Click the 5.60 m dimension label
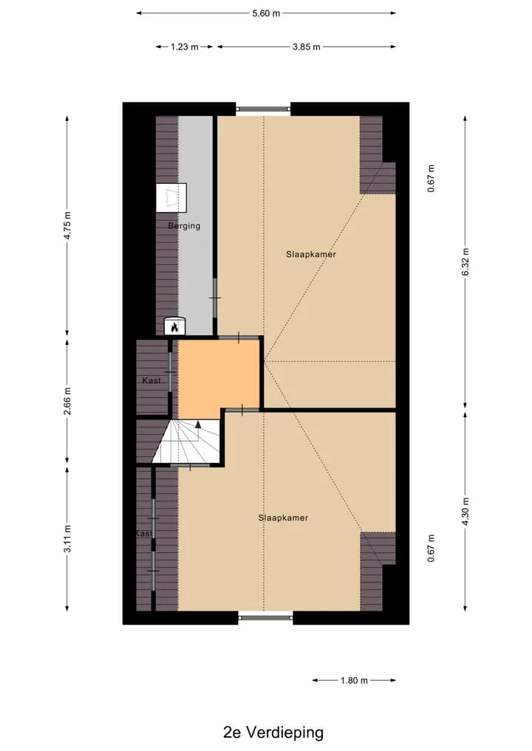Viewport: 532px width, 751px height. pyautogui.click(x=266, y=13)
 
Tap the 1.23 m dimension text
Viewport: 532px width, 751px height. pyautogui.click(x=185, y=47)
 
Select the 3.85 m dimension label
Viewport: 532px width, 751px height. pyautogui.click(x=306, y=47)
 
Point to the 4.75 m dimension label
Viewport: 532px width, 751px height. pyautogui.click(x=67, y=225)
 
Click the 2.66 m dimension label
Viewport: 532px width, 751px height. pyautogui.click(x=67, y=402)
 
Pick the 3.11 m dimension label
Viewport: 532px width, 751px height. pyautogui.click(x=67, y=539)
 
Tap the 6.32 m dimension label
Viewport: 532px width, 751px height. pyautogui.click(x=465, y=262)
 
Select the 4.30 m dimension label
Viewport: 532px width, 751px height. pyautogui.click(x=465, y=511)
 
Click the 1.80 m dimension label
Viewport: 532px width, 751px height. pyautogui.click(x=354, y=681)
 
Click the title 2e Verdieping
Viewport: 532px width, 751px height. pyautogui.click(x=273, y=733)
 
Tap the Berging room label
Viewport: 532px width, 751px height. pyautogui.click(x=184, y=225)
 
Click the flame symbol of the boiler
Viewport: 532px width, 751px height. pyautogui.click(x=175, y=328)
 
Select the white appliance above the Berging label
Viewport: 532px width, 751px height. pyautogui.click(x=171, y=197)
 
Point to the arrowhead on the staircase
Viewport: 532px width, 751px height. pyautogui.click(x=199, y=424)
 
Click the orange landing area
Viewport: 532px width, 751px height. pyautogui.click(x=219, y=374)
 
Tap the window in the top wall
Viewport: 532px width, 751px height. pyautogui.click(x=263, y=109)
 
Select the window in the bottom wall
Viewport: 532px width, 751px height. pyautogui.click(x=265, y=617)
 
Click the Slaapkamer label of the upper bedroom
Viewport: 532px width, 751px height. pyautogui.click(x=311, y=254)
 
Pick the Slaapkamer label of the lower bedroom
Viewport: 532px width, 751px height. pyautogui.click(x=283, y=518)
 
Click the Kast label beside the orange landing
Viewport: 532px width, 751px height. pyautogui.click(x=151, y=381)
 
